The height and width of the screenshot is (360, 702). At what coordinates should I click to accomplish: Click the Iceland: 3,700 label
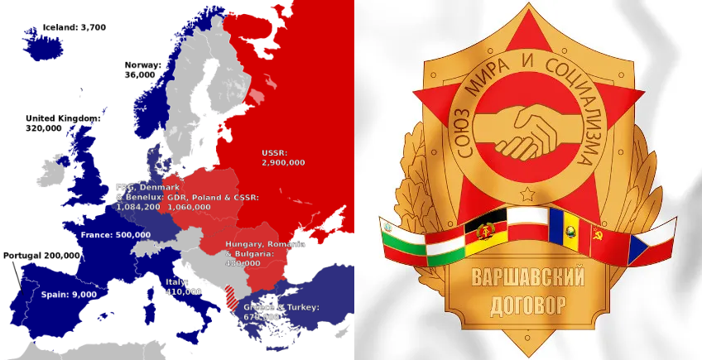pos(74,27)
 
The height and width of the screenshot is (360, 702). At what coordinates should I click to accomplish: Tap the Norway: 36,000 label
pos(141,70)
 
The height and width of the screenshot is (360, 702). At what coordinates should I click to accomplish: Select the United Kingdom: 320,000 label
pos(63,123)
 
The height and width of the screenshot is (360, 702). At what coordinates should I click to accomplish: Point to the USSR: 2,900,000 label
pos(282,157)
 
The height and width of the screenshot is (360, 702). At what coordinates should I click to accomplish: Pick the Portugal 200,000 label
pos(41,255)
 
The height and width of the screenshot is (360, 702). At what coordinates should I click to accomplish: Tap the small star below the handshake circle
pos(526,194)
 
